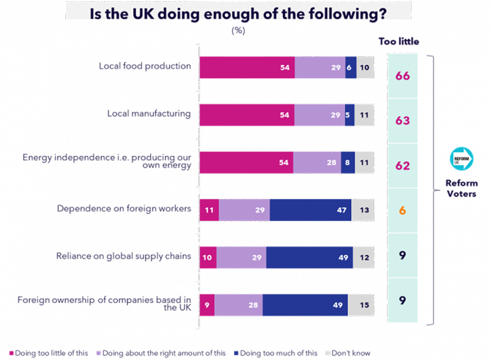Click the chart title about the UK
238,14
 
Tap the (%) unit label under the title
238,31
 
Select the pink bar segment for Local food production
247,67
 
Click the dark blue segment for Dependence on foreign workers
310,210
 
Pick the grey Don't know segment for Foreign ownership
361,305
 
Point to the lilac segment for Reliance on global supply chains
241,257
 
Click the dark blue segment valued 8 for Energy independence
348,163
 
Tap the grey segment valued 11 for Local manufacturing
364,115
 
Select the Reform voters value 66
403,75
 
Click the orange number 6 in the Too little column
403,210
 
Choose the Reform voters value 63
403,120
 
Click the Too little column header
399,42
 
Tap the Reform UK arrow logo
461,157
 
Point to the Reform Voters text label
461,188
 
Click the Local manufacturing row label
149,114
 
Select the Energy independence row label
107,161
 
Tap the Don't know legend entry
350,353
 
